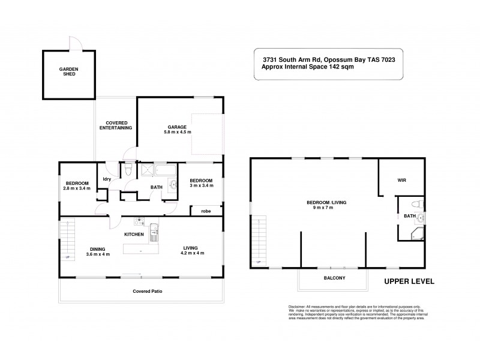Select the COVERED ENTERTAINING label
115,125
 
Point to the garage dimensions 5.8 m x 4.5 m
177,133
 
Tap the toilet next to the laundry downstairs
129,172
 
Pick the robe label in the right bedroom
205,211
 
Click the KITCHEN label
133,234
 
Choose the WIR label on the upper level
402,179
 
